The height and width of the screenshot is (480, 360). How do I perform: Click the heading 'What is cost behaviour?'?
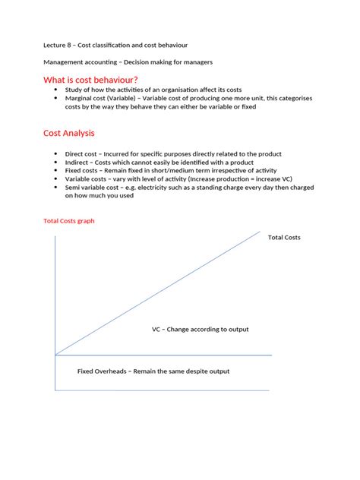[x=90, y=81]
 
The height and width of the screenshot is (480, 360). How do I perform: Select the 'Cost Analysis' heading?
[x=69, y=133]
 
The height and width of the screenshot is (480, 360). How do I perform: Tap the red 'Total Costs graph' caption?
[x=68, y=221]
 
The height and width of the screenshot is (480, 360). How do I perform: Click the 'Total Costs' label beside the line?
[x=284, y=238]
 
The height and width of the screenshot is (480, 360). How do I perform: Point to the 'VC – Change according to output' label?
[x=200, y=330]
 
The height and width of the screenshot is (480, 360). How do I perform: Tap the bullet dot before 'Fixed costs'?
[x=56, y=170]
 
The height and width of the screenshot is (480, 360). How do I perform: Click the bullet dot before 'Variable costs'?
[x=56, y=178]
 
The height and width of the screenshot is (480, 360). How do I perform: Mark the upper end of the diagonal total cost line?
[x=261, y=231]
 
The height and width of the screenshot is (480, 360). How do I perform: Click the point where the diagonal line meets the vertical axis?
[x=55, y=354]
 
